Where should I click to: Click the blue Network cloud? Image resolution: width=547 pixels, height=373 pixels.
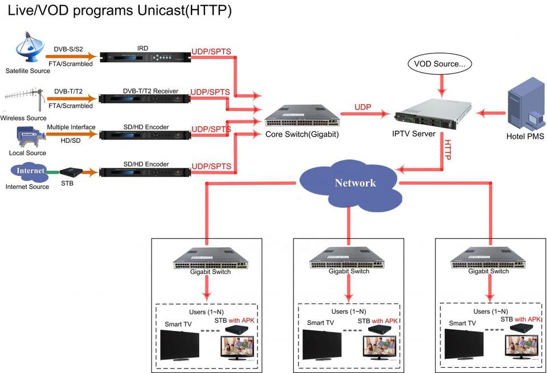[x=348, y=183]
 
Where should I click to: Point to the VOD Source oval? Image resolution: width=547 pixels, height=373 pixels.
[x=439, y=64]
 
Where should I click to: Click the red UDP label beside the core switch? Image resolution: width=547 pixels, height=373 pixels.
[x=363, y=106]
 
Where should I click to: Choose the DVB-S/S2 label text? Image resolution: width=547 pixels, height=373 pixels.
[x=69, y=49]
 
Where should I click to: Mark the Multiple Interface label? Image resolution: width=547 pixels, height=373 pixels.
[x=71, y=127]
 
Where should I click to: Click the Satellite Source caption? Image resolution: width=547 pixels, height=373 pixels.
[x=28, y=71]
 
